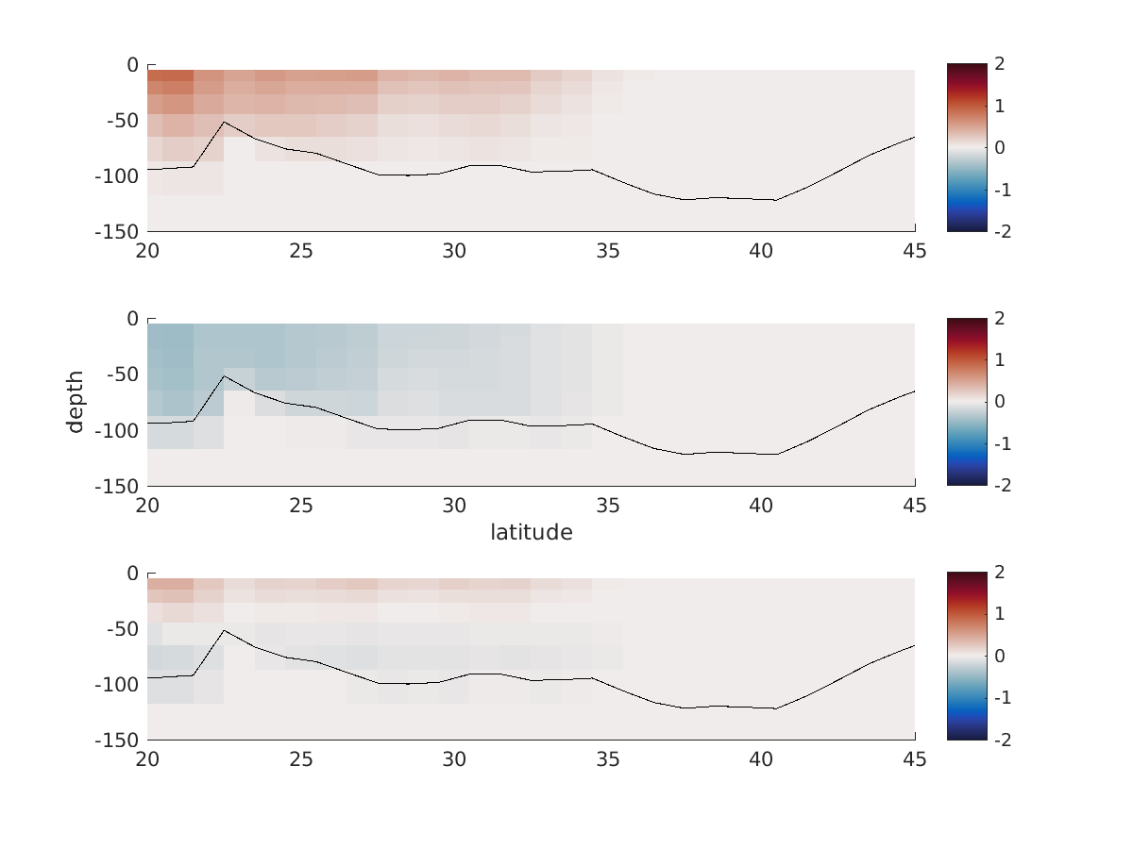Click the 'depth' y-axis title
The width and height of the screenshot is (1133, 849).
tap(76, 402)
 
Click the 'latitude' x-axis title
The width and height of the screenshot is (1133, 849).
tap(531, 533)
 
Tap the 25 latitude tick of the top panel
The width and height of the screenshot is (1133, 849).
tap(300, 251)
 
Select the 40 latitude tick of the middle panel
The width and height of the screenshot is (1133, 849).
tap(761, 505)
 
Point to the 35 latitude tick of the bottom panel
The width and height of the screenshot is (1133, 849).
tap(608, 759)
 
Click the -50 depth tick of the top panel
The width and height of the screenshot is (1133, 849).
tap(121, 121)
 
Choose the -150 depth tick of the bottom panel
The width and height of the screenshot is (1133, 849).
tap(115, 740)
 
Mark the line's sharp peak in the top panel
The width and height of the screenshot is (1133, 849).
tap(224, 122)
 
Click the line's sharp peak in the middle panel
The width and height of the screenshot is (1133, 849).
tap(224, 375)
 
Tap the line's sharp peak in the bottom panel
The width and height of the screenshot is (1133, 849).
tap(224, 630)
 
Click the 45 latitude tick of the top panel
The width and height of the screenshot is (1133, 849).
tap(914, 251)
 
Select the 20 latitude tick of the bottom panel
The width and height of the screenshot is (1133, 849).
tap(147, 759)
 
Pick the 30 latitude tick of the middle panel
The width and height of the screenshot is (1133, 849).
tap(454, 505)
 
